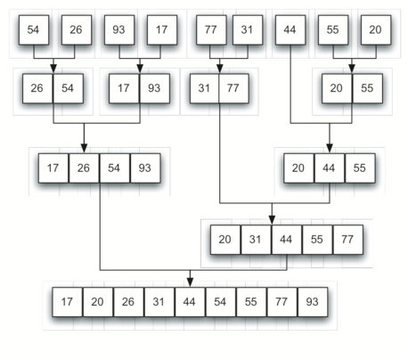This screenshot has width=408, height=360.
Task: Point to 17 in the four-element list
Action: coord(53,168)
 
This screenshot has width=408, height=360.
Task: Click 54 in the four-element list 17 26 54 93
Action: coord(115,168)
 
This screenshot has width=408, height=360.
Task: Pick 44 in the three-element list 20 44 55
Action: coord(330,168)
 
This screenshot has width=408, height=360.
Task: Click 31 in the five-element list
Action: coord(257,240)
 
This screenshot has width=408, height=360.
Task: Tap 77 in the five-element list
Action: coord(348,240)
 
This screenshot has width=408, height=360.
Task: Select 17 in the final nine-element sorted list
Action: coord(67,301)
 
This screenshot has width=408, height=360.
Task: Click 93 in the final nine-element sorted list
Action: coord(313,301)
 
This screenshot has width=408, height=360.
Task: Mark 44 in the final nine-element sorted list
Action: coord(190,301)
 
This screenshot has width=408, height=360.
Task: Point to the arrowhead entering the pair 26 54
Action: coord(53,69)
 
